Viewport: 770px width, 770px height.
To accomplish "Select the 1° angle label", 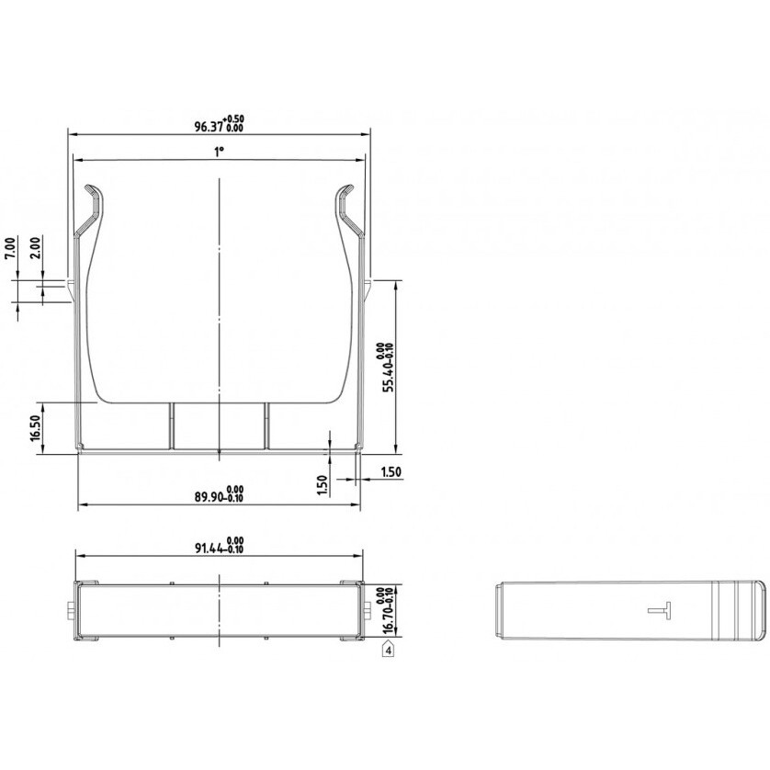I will click(x=219, y=152).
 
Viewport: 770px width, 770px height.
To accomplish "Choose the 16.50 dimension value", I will click(x=36, y=428).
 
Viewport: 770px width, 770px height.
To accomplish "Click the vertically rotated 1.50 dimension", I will click(x=323, y=484).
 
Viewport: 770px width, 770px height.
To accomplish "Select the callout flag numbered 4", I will click(x=389, y=650).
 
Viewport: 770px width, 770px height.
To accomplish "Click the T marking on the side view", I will click(x=661, y=609).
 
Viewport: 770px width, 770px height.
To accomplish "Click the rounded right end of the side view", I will click(x=761, y=609).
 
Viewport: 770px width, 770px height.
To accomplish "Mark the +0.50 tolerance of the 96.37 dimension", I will click(x=234, y=119).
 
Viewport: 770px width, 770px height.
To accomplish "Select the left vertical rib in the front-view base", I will click(x=170, y=425).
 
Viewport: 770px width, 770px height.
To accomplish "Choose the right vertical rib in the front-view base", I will click(x=266, y=425).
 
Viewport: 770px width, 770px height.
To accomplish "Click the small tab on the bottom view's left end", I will click(x=72, y=611).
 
